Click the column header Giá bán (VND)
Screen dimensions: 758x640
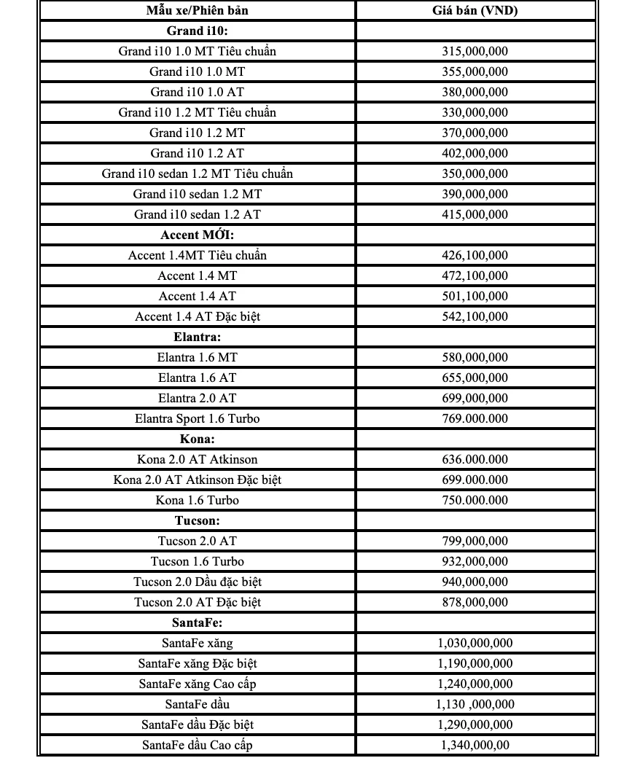point(475,10)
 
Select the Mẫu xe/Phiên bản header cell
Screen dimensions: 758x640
point(198,10)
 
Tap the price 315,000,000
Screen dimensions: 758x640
point(475,51)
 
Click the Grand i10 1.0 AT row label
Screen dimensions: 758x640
point(198,92)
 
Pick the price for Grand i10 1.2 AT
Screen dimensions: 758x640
point(475,153)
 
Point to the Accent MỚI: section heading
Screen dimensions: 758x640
point(198,235)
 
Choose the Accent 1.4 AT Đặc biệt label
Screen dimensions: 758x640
point(198,316)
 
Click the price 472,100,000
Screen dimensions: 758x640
point(475,276)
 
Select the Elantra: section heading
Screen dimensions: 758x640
point(198,337)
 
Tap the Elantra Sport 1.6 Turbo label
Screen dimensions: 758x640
point(198,418)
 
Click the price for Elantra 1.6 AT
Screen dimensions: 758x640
point(475,378)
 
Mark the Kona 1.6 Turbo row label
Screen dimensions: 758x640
point(198,500)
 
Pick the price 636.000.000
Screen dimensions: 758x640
point(475,459)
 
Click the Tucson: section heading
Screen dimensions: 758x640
point(198,520)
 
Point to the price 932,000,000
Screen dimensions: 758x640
point(475,561)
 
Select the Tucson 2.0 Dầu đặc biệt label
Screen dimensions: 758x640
point(198,582)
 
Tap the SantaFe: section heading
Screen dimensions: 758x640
point(198,622)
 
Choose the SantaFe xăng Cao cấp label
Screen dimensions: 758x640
point(198,684)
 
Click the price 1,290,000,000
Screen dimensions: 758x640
point(475,724)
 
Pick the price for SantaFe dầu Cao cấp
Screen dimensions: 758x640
point(475,745)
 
